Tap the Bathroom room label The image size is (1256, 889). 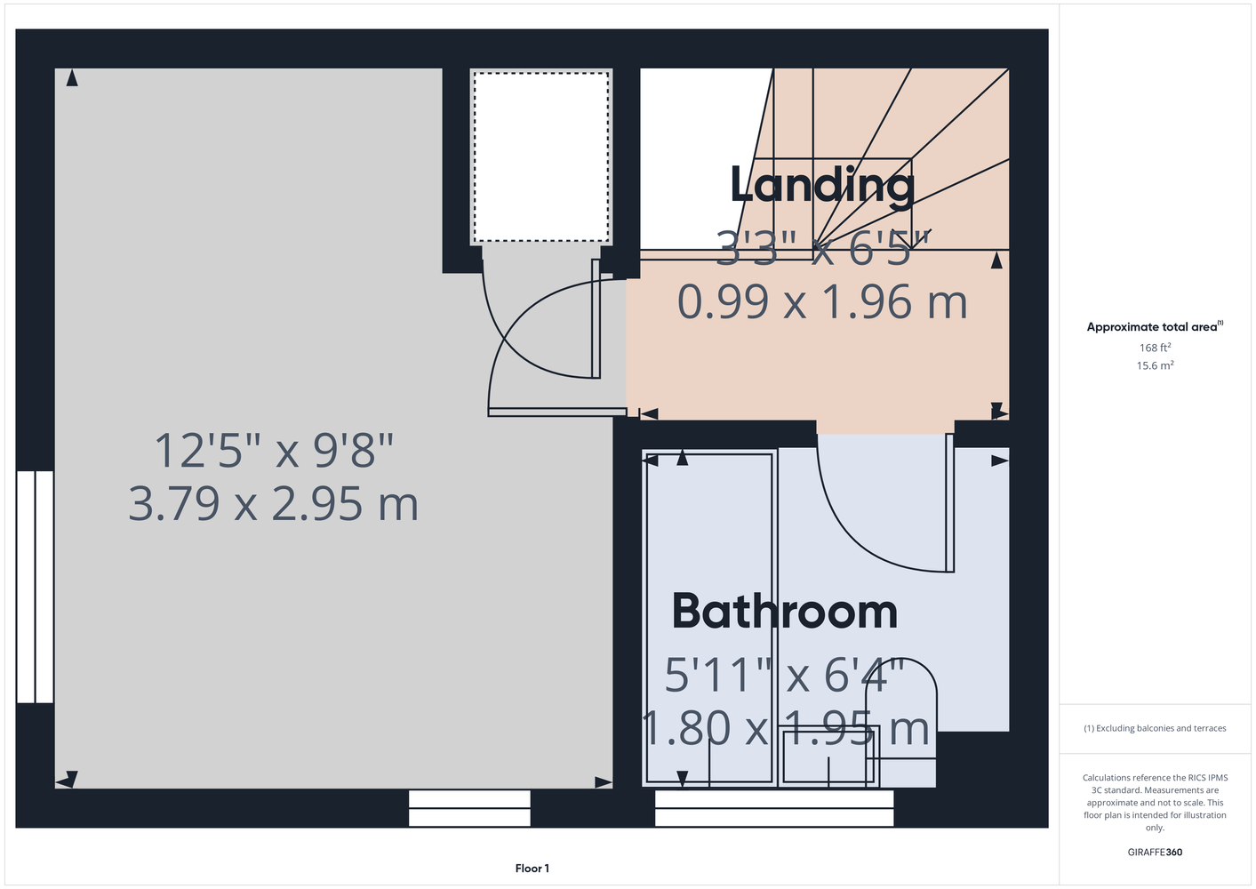point(784,612)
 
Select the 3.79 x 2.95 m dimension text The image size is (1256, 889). point(274,504)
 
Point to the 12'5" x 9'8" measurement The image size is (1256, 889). point(274,450)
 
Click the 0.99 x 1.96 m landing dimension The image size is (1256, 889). point(822,302)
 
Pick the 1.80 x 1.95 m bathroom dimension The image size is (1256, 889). point(784,728)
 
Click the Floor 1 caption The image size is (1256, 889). point(532,869)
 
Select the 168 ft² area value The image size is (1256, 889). point(1155,348)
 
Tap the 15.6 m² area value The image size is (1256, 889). point(1155,365)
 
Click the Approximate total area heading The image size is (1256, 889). point(1155,326)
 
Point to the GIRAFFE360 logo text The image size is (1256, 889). point(1155,852)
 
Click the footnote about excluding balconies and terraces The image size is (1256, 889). point(1155,728)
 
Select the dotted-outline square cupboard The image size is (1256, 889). point(541,157)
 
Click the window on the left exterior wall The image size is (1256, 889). point(35,587)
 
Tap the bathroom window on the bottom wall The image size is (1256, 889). point(774,808)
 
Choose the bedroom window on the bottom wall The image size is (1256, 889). point(469,808)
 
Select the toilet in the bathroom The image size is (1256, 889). point(901,724)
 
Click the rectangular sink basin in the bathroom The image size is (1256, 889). point(828,756)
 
